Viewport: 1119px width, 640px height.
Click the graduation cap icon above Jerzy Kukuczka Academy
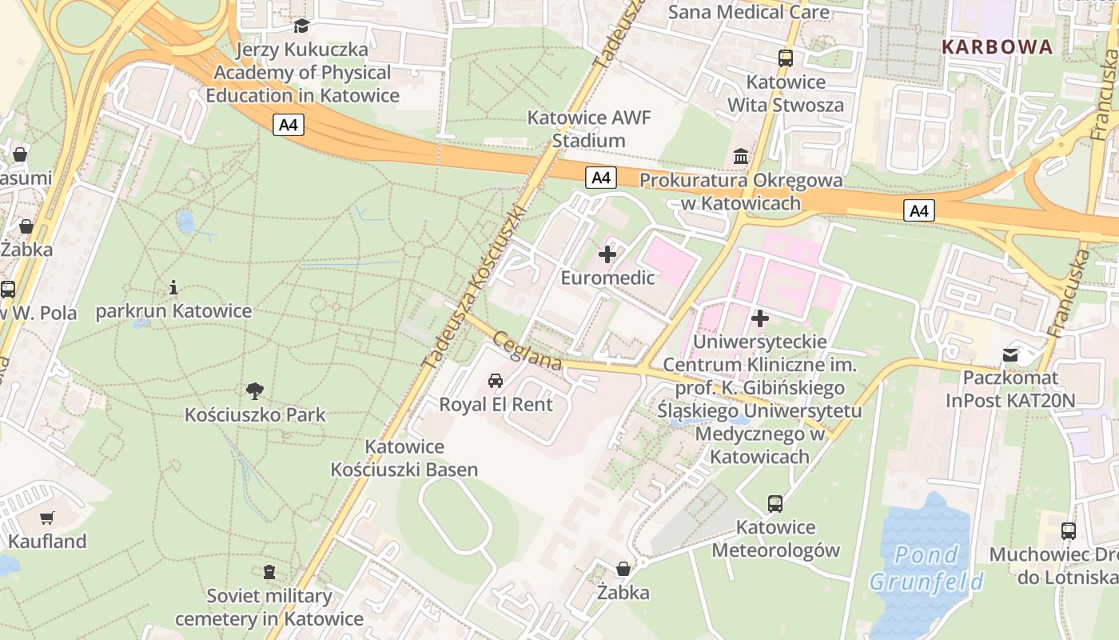pyautogui.click(x=301, y=26)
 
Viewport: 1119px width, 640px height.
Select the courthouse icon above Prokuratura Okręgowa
pyautogui.click(x=741, y=157)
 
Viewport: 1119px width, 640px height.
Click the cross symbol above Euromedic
pyautogui.click(x=607, y=254)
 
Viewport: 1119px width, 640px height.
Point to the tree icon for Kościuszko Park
pyautogui.click(x=255, y=391)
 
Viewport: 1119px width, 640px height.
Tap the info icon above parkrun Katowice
pyautogui.click(x=173, y=287)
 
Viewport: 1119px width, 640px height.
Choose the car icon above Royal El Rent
pyautogui.click(x=496, y=380)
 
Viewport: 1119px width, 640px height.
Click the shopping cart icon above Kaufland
pyautogui.click(x=47, y=518)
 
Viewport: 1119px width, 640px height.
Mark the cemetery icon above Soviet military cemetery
pyautogui.click(x=269, y=572)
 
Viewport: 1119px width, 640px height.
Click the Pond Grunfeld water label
pyautogui.click(x=926, y=568)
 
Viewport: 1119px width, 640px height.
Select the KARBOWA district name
pyautogui.click(x=997, y=47)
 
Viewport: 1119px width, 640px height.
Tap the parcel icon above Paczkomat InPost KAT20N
pyautogui.click(x=1011, y=354)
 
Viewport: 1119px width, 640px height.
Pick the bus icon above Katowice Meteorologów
pyautogui.click(x=775, y=503)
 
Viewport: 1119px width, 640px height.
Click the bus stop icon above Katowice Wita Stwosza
pyautogui.click(x=786, y=58)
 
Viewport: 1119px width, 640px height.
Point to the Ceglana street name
pyautogui.click(x=528, y=351)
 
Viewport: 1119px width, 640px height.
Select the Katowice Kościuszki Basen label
pyautogui.click(x=404, y=458)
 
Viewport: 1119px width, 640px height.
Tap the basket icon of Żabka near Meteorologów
pyautogui.click(x=623, y=569)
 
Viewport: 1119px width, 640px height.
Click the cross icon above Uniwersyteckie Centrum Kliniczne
pyautogui.click(x=760, y=318)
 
